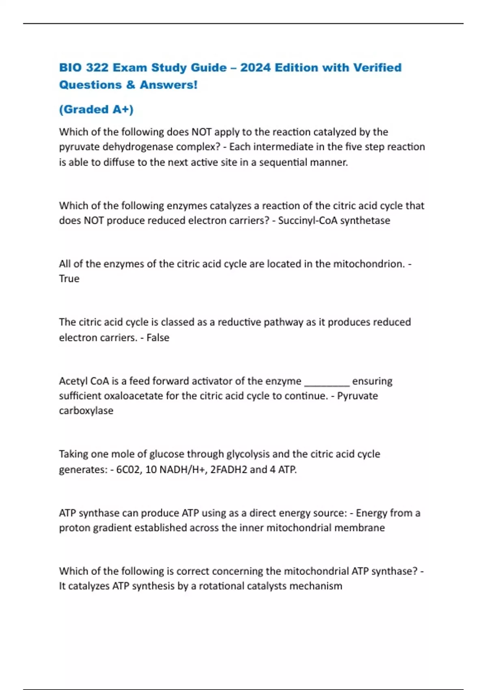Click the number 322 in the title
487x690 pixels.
(97, 67)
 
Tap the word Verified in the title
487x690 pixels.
(377, 67)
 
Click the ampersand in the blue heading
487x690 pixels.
(131, 85)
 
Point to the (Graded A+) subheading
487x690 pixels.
(96, 109)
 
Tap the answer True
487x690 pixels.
(69, 279)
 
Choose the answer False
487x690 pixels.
(158, 338)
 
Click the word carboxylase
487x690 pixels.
(86, 411)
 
